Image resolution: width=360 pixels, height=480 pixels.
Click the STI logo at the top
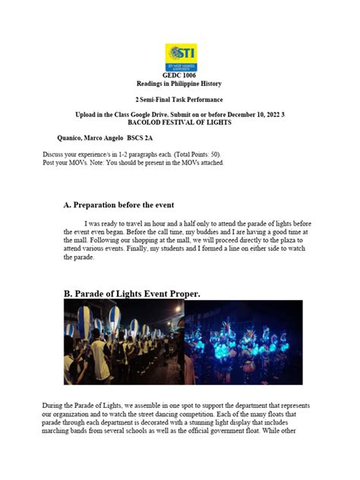(x=180, y=58)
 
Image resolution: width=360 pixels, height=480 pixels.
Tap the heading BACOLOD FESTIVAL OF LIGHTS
(x=180, y=122)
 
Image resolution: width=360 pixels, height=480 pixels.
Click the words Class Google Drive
(x=141, y=113)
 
